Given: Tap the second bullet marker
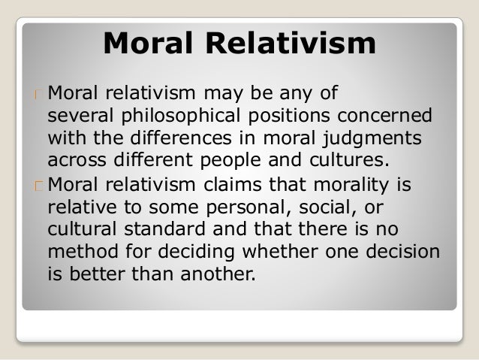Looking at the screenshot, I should click(36, 186).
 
